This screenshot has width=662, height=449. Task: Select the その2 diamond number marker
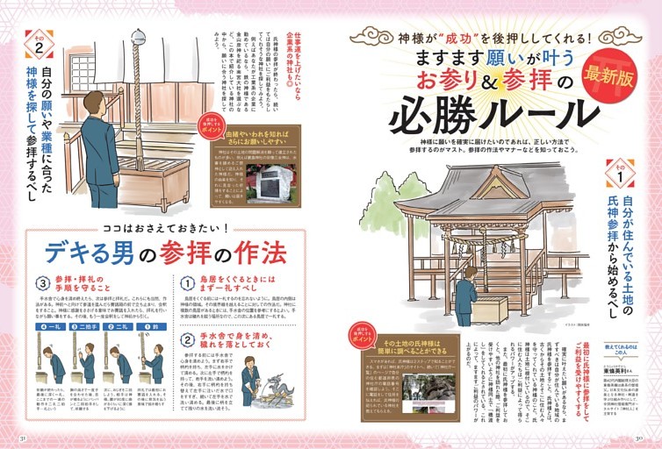click(38, 44)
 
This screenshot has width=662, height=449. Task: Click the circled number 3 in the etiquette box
click(40, 283)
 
